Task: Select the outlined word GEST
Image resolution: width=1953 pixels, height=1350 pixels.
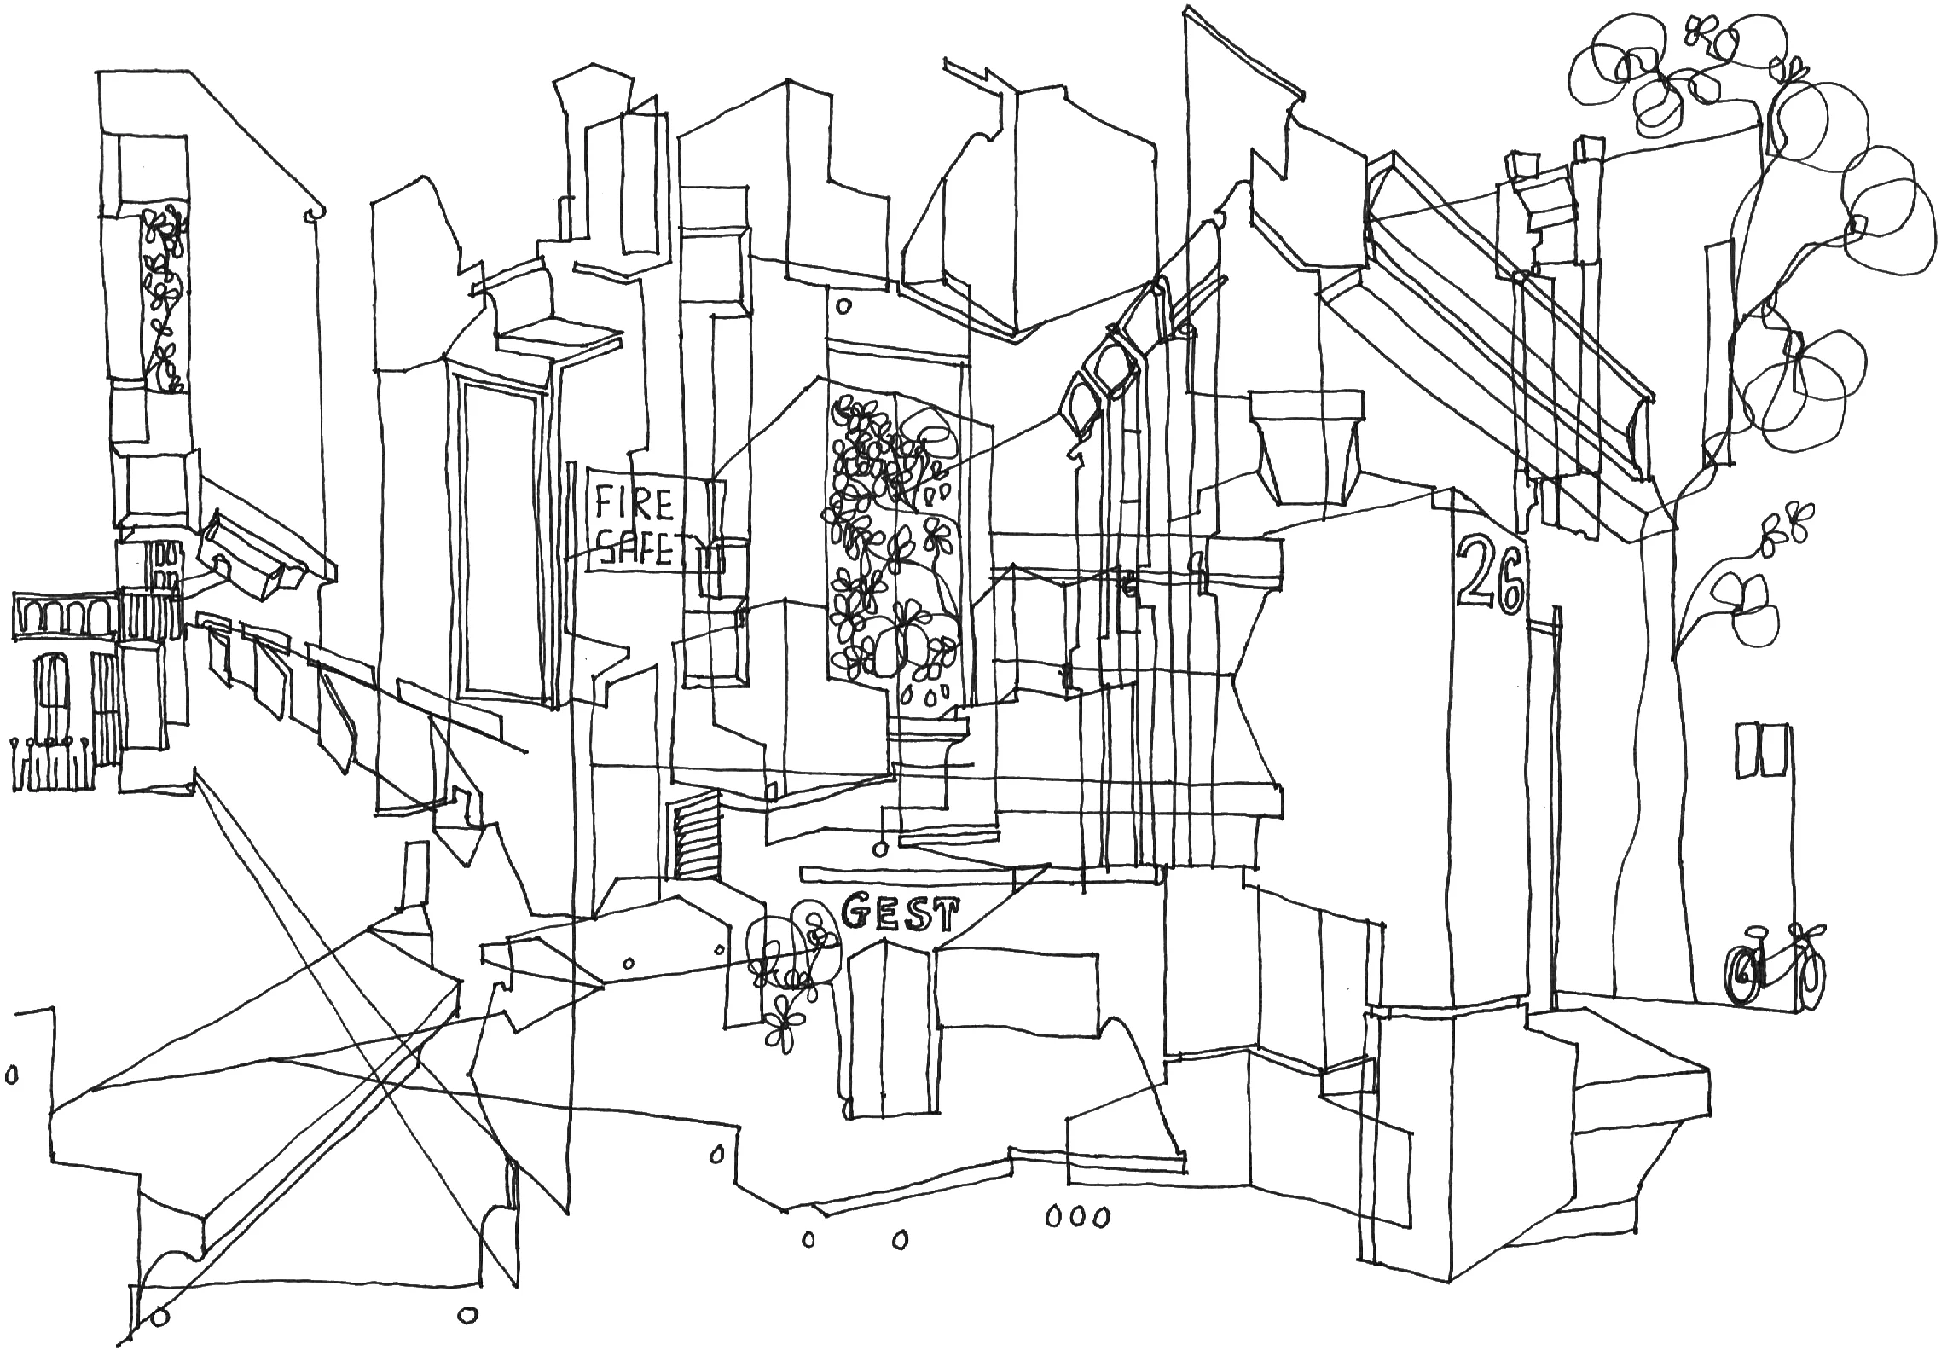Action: (x=899, y=914)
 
